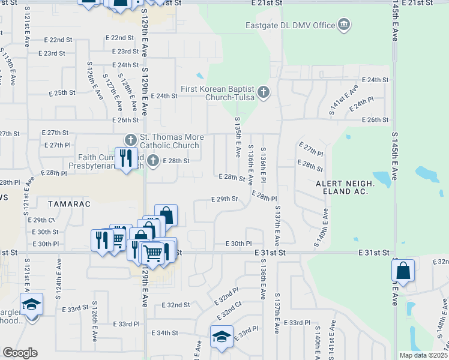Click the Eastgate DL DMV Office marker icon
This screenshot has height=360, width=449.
pyautogui.click(x=345, y=25)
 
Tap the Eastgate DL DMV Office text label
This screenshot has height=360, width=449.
pyautogui.click(x=290, y=25)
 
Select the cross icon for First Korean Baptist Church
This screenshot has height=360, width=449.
pyautogui.click(x=263, y=92)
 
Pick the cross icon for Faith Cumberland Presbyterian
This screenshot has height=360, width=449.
pyautogui.click(x=154, y=160)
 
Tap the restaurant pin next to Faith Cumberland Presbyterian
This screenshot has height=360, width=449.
pyautogui.click(x=126, y=159)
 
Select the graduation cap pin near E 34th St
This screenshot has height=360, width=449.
pyautogui.click(x=221, y=337)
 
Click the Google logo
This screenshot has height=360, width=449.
pyautogui.click(x=20, y=353)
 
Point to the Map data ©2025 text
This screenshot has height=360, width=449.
pyautogui.click(x=423, y=355)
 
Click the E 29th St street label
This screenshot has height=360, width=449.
pyautogui.click(x=225, y=199)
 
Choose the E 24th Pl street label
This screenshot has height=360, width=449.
pyautogui.click(x=362, y=103)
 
